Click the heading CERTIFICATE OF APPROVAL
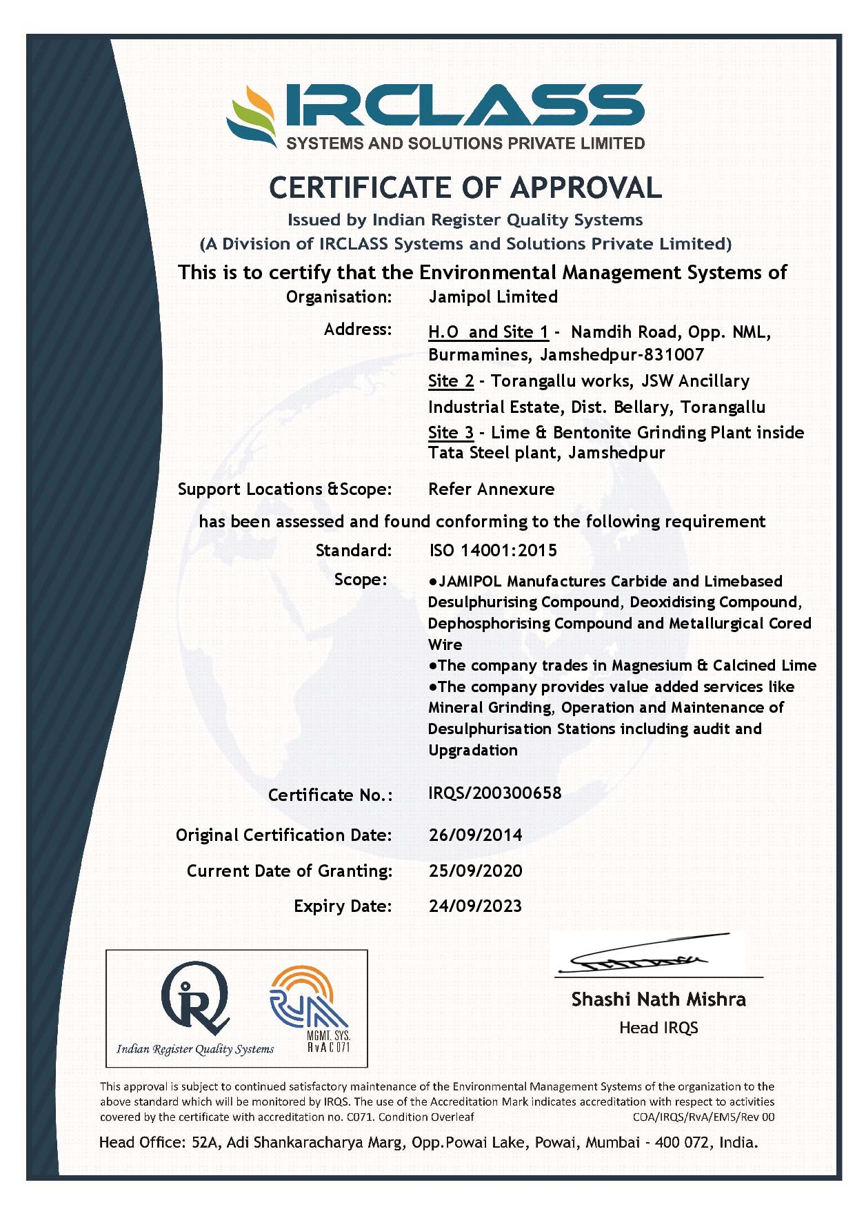465,187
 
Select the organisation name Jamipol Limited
492,297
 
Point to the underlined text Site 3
451,433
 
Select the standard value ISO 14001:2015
492,550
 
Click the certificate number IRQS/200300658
494,793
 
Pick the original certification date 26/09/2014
475,835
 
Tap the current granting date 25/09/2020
475,871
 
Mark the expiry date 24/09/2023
475,906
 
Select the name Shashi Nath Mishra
658,999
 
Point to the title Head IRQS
658,1028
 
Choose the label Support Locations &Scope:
284,489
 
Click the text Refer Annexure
491,489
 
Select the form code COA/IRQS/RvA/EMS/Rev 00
703,1117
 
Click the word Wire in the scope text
445,644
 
